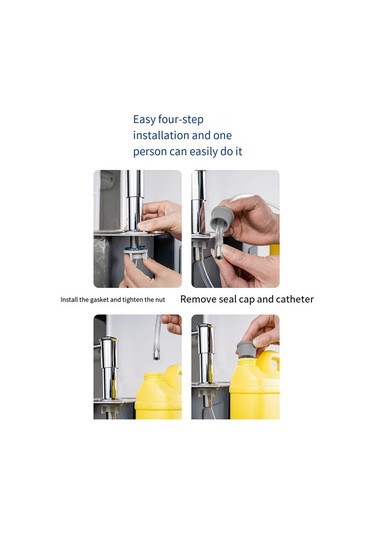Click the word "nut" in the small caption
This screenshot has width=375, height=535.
(x=160, y=300)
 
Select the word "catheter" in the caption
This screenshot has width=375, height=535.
(x=295, y=299)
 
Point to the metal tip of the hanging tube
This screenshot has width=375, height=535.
(x=157, y=355)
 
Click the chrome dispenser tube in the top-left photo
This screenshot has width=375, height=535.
(x=134, y=201)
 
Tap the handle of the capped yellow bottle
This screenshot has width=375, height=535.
(x=273, y=362)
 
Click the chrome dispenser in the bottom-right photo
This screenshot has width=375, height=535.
(x=206, y=355)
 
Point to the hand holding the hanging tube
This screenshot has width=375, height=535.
(x=172, y=323)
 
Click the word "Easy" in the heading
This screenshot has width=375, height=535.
(x=144, y=120)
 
